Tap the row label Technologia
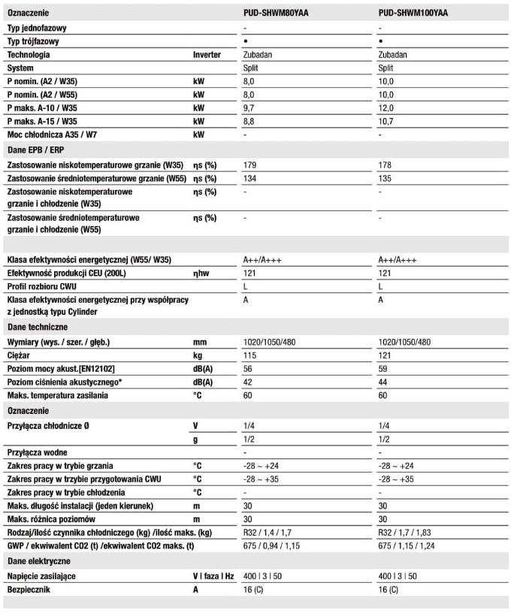29,55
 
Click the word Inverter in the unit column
207,55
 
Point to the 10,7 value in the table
387,121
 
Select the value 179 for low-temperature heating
250,165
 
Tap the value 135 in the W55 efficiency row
386,178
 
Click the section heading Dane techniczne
38,327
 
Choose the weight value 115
250,355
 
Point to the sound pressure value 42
249,382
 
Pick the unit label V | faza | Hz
214,576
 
